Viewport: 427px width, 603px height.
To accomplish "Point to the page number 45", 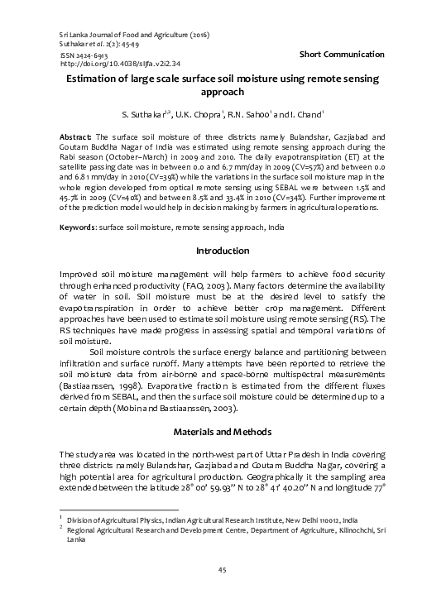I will tap(222, 569).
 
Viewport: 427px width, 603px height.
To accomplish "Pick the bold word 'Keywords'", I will tap(79, 203).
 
